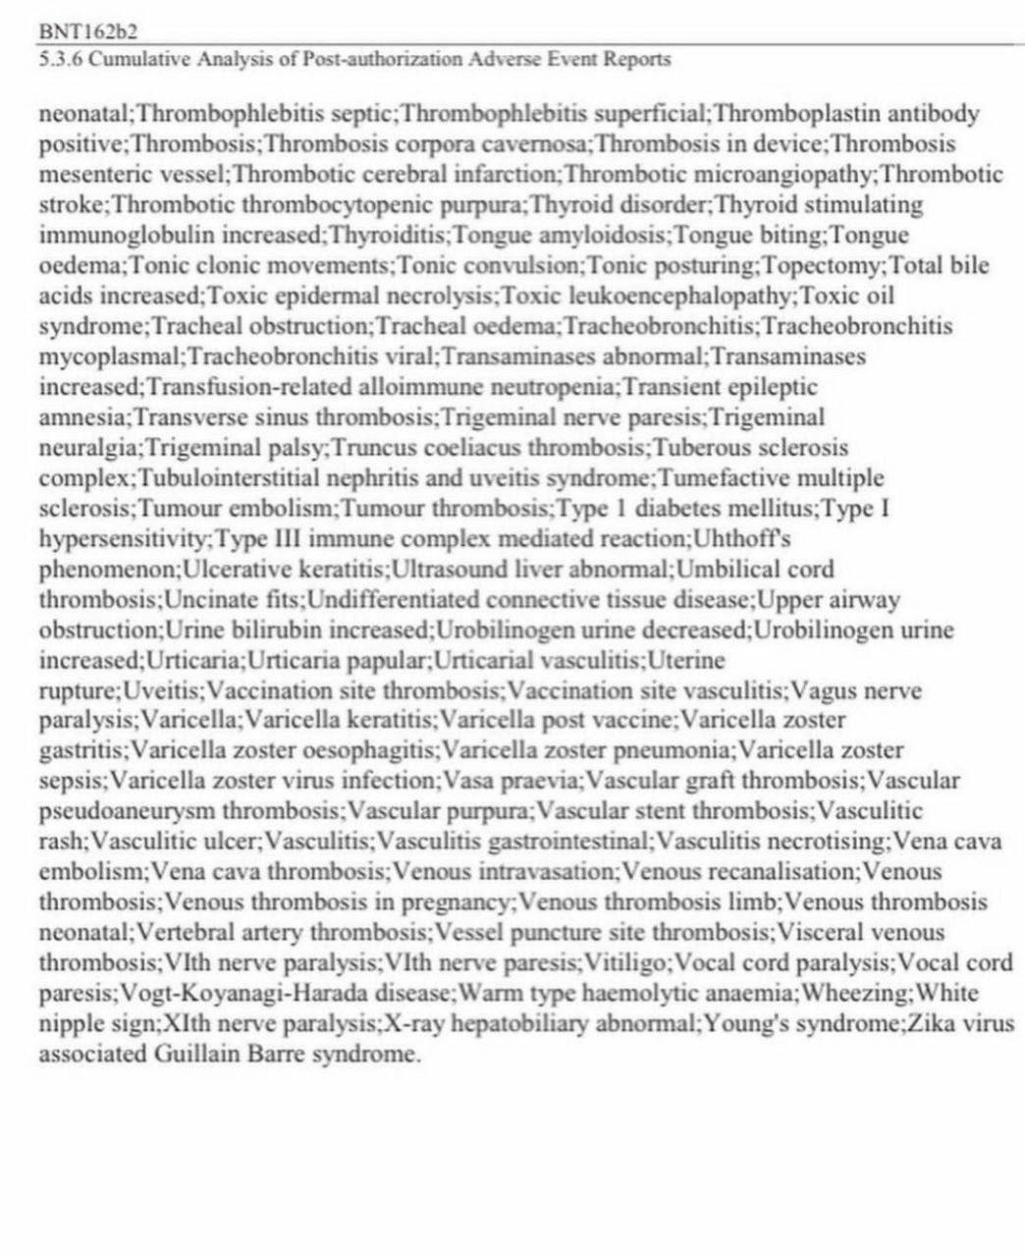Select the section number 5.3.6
click(x=60, y=60)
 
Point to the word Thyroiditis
click(x=390, y=236)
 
